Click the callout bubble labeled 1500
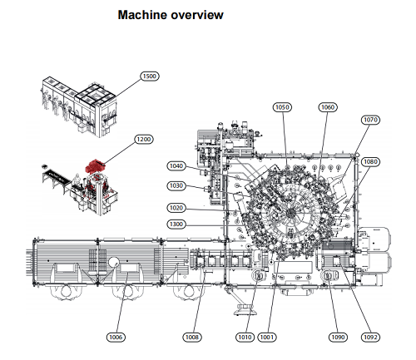tap(150, 76)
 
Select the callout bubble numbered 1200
tap(144, 139)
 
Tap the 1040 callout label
tap(176, 166)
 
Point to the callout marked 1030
tap(176, 185)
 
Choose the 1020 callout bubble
tap(176, 208)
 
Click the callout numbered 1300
tap(176, 224)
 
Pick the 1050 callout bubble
tap(282, 107)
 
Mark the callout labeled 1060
tap(328, 107)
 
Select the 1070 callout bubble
tap(370, 120)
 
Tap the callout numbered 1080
tap(370, 161)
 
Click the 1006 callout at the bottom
tap(116, 337)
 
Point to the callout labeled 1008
tap(192, 337)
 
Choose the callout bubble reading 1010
tap(245, 337)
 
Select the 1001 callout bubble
tap(267, 337)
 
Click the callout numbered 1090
tap(338, 337)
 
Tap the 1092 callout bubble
tap(370, 337)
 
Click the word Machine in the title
tap(141, 15)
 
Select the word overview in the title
tap(197, 15)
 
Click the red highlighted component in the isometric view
tap(94, 165)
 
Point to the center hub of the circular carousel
tap(290, 213)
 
